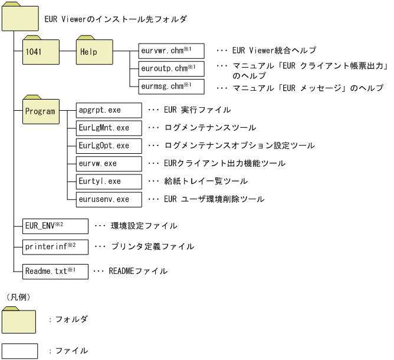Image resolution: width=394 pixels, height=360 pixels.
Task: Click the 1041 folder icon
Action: pyautogui.click(x=41, y=52)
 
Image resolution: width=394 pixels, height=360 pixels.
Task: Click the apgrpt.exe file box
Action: pyautogui.click(x=109, y=110)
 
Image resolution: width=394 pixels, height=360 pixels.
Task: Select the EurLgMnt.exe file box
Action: pyautogui.click(x=109, y=128)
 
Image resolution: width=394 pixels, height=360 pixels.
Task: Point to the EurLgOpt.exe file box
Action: pyautogui.click(x=109, y=146)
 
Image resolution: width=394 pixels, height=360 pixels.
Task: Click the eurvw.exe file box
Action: pyautogui.click(x=109, y=164)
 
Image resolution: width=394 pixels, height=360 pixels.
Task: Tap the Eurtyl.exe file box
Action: pyautogui.click(x=109, y=181)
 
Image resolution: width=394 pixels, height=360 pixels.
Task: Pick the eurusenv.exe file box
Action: pyautogui.click(x=109, y=200)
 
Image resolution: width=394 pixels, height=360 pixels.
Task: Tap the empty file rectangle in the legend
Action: pyautogui.click(x=20, y=350)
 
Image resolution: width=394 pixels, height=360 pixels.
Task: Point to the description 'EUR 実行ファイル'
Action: pyautogui.click(x=194, y=110)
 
